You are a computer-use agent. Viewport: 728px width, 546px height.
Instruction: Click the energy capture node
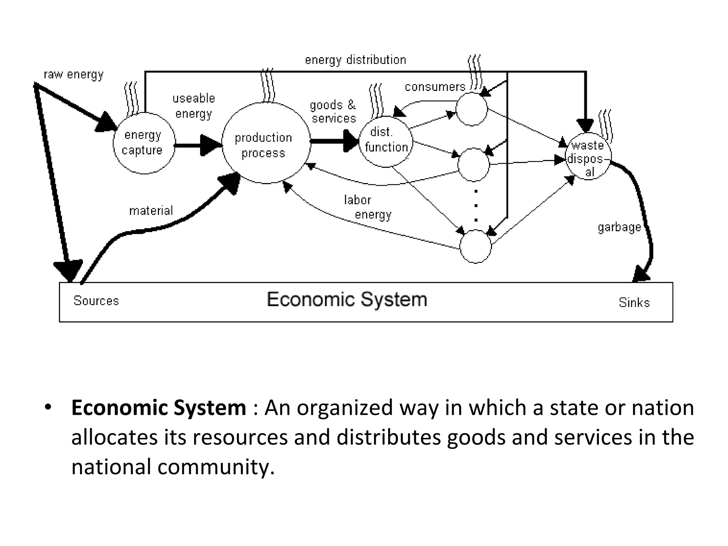click(x=144, y=143)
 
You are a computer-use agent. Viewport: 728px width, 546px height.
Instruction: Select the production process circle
click(x=266, y=143)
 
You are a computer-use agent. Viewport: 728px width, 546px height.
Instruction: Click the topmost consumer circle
click(x=472, y=109)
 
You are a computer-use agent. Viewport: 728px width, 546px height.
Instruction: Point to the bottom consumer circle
click(x=476, y=246)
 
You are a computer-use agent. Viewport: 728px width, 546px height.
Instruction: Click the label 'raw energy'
click(x=74, y=75)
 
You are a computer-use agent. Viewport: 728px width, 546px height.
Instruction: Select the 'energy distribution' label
click(x=355, y=60)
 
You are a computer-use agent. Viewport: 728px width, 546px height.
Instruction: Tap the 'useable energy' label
click(x=194, y=106)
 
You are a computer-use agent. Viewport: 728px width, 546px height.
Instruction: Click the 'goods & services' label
click(x=333, y=111)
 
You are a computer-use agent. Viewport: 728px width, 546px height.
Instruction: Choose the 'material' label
click(x=151, y=211)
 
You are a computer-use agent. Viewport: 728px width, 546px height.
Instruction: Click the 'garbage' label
click(x=619, y=227)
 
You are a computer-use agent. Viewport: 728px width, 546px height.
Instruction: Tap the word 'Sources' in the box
click(x=96, y=301)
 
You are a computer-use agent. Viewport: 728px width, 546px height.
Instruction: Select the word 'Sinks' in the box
click(x=634, y=303)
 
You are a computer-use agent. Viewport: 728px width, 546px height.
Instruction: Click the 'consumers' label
click(x=435, y=87)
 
